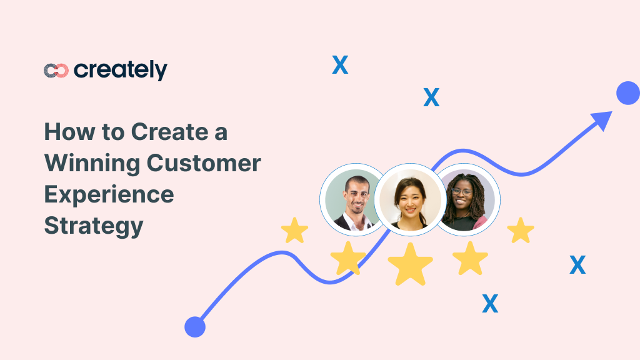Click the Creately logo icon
click(x=56, y=71)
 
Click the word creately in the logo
click(x=121, y=70)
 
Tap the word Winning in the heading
click(x=91, y=163)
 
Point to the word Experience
click(x=109, y=195)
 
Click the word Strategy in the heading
click(x=94, y=226)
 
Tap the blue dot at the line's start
click(x=195, y=326)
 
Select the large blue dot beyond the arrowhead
click(x=627, y=94)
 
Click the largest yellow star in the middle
click(x=410, y=264)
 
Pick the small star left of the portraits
click(x=294, y=231)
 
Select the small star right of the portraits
click(x=520, y=231)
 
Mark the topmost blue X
click(x=340, y=65)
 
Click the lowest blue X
click(x=490, y=304)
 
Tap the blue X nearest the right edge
click(x=577, y=266)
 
